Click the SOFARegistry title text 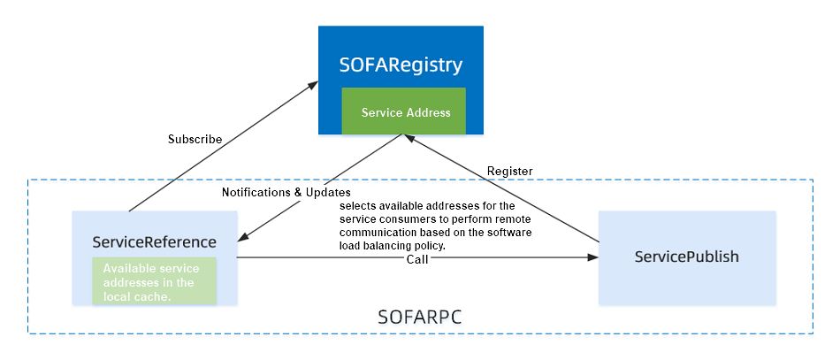[x=401, y=65]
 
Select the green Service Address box [x=404, y=111]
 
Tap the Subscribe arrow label [x=195, y=139]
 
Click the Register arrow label [x=510, y=172]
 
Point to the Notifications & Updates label [x=286, y=192]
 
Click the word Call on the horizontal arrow [x=417, y=259]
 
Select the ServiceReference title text [x=154, y=242]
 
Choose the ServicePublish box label [x=687, y=257]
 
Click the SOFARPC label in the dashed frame [x=419, y=318]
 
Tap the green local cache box [x=154, y=280]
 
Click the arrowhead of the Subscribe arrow [x=313, y=85]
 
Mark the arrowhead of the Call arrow [x=592, y=257]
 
